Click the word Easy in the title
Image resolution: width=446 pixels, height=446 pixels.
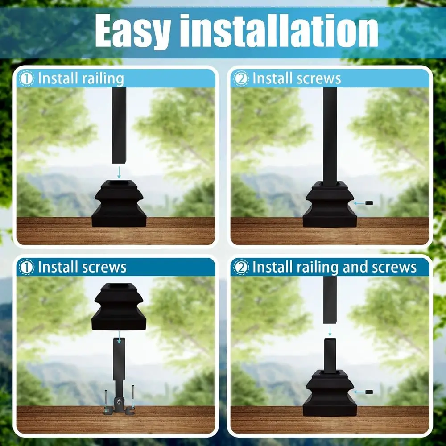coord(132,31)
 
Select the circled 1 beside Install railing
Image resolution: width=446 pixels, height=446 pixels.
coord(27,79)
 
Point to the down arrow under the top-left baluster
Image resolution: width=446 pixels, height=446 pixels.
coord(119,171)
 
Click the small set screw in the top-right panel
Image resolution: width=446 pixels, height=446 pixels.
coord(368,203)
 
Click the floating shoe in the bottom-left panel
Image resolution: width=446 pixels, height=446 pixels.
coord(120,307)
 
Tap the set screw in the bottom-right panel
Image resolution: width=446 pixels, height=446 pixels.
coord(368,392)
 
